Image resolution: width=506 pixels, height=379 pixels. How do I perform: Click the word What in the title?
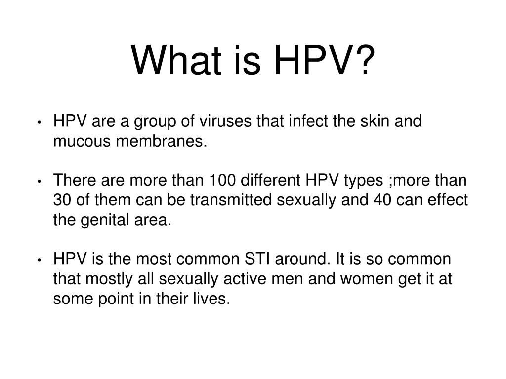pyautogui.click(x=176, y=60)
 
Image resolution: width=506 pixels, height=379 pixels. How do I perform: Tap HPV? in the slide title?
pyautogui.click(x=324, y=60)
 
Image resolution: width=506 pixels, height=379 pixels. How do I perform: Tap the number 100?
pyautogui.click(x=222, y=180)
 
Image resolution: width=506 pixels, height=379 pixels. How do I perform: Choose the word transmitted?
pyautogui.click(x=231, y=200)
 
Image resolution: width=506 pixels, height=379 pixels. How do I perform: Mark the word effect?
pyautogui.click(x=448, y=200)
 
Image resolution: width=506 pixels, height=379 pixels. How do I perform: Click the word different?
pyautogui.click(x=270, y=180)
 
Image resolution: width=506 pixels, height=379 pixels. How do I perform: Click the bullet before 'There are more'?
pyautogui.click(x=40, y=181)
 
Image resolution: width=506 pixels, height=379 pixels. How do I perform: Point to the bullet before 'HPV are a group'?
pyautogui.click(x=40, y=122)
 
